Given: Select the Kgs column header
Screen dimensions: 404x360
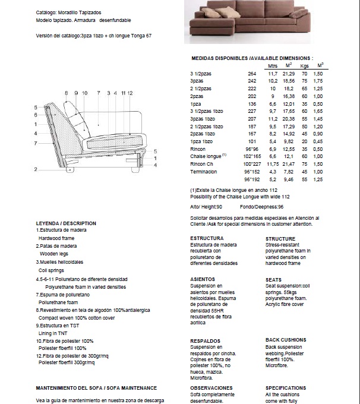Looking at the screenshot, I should [x=305, y=65].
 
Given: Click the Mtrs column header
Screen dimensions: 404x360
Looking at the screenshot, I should [x=273, y=65].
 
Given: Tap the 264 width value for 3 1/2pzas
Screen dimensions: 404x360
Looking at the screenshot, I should [x=252, y=72].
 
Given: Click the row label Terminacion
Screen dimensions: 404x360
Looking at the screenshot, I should [x=203, y=172].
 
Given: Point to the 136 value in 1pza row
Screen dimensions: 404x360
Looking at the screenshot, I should [x=252, y=103].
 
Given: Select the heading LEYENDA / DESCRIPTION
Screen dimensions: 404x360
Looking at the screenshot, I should [x=66, y=223].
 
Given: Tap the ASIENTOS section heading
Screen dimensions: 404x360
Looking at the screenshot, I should [x=203, y=279].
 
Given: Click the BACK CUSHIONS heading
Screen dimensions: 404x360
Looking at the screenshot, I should [x=286, y=339].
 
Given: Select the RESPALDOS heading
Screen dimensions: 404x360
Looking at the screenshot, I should [x=206, y=341].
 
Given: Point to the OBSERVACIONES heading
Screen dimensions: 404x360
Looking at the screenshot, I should [x=211, y=387].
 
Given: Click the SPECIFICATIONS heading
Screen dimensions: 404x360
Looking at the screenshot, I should [x=286, y=387].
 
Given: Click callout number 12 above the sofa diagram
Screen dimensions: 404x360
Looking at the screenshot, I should [x=130, y=93].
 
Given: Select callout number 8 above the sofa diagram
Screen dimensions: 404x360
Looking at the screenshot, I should [x=67, y=93].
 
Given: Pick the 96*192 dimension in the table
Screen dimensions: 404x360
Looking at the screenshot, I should [x=252, y=179].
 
